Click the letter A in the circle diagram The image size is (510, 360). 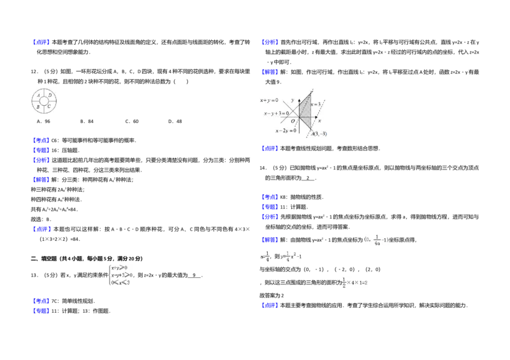coord(39,96)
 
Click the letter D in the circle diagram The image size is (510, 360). coord(50,96)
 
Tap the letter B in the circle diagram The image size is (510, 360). coord(38,107)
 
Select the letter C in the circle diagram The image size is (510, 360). coord(50,106)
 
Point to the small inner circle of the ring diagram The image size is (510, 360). coord(45,101)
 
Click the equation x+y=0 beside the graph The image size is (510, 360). coord(269,100)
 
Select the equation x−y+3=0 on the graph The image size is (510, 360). coord(277,113)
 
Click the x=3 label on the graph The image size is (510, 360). coord(315,104)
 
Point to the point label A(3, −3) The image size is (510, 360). coord(319,134)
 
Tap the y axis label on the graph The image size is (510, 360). coord(293,100)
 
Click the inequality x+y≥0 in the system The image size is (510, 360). coord(119,268)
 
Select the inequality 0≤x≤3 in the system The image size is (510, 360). coord(120,282)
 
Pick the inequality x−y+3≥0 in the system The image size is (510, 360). coord(121,275)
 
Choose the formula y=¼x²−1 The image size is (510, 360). coord(291,257)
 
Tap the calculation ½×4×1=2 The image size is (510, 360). coord(355,283)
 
